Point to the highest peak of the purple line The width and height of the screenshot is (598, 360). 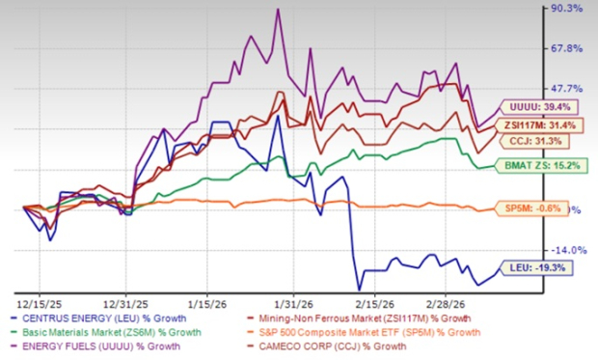[x=278, y=10]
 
